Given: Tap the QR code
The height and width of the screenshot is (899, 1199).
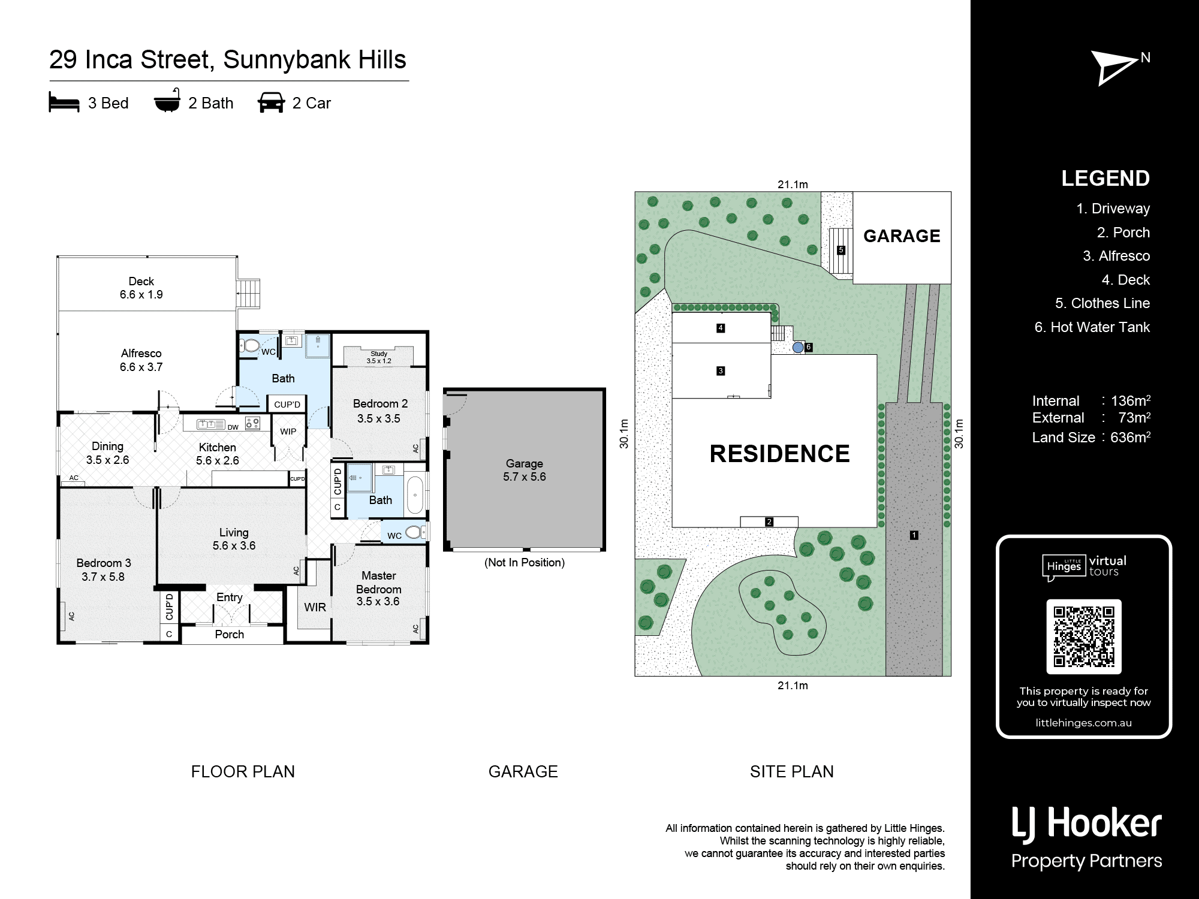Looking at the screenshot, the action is click(1084, 636).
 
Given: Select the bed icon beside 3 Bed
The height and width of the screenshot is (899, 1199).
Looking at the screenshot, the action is click(64, 102).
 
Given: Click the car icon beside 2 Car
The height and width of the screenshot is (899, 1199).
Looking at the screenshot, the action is click(271, 102).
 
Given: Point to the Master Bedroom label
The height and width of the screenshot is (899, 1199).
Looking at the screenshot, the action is click(379, 588).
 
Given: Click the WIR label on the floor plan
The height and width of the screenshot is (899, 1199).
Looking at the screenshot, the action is click(315, 607).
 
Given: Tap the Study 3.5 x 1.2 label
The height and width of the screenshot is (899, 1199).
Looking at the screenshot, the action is click(379, 357).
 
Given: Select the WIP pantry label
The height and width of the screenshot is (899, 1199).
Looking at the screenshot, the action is click(288, 432).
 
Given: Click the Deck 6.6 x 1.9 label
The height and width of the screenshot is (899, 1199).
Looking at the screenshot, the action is click(141, 288).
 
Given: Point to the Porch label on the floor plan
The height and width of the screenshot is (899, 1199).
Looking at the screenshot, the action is click(230, 634).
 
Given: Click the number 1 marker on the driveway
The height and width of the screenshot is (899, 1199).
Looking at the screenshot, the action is click(914, 535).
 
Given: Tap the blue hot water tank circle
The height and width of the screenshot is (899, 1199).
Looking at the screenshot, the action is click(798, 347).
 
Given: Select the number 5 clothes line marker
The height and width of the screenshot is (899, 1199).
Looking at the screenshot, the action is click(841, 250).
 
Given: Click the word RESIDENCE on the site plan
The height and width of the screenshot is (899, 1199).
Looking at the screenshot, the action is click(779, 454).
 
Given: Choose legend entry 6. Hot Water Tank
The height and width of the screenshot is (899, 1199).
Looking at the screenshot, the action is click(1092, 327).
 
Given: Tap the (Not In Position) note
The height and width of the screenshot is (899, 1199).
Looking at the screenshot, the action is click(525, 562).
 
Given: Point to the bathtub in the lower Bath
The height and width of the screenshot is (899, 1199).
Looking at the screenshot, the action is click(415, 495).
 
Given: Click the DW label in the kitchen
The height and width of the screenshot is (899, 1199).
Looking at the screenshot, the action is click(233, 427).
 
